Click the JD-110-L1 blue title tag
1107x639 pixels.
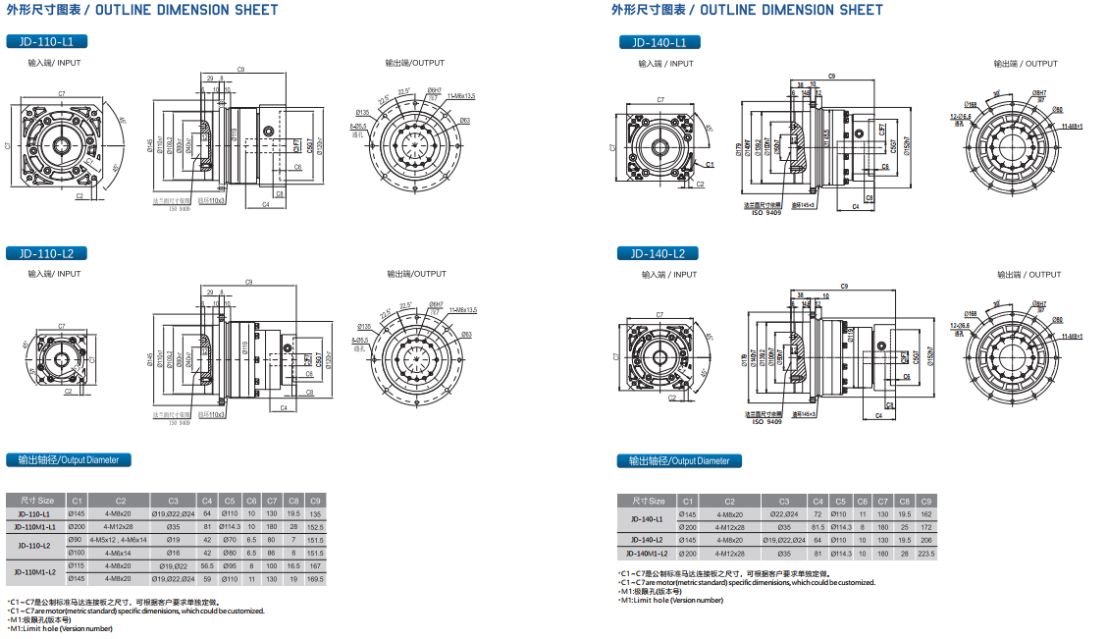tap(46, 41)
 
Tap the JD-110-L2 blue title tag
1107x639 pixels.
tap(46, 253)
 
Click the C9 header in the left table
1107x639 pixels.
tap(315, 501)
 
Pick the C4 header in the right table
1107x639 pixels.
tap(817, 501)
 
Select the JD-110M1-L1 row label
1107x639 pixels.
tap(34, 527)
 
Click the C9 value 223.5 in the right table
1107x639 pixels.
tap(925, 554)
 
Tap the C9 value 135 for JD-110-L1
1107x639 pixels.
tap(315, 513)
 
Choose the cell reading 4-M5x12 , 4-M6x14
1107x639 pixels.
tap(119, 540)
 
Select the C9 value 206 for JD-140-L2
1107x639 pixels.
tap(925, 540)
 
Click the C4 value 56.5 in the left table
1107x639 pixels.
tap(207, 566)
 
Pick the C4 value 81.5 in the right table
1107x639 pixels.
tap(817, 527)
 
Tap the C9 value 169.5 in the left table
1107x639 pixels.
tap(315, 579)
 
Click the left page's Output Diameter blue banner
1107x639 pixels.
tap(69, 459)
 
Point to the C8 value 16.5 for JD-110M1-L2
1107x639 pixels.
tap(293, 566)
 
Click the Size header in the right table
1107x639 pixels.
tap(648, 501)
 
